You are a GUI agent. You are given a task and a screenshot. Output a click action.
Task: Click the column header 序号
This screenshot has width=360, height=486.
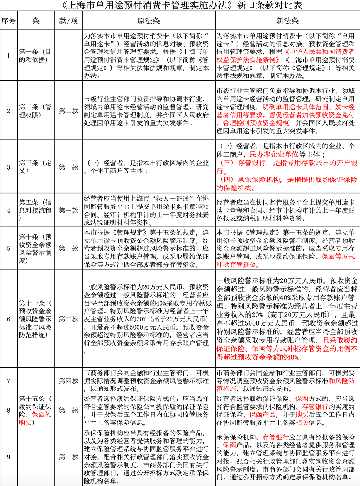point(8,20)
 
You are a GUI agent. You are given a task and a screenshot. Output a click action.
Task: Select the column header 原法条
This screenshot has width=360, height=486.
point(148,20)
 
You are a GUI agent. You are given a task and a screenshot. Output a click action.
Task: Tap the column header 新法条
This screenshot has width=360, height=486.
point(287,20)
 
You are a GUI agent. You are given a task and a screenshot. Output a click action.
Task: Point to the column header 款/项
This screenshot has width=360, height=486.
point(68,20)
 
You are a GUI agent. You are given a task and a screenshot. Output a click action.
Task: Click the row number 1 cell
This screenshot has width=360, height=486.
point(8,56)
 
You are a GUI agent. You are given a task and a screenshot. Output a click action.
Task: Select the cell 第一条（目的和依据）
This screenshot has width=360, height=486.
point(36,56)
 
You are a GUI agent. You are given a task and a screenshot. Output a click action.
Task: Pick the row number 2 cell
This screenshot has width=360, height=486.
point(8,111)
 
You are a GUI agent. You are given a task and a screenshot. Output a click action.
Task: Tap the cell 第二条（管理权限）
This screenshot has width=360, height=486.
point(36,111)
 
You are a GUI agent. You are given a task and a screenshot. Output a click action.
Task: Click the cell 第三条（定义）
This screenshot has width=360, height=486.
point(36,167)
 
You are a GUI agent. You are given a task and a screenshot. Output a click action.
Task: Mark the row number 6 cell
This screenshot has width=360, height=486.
point(8,319)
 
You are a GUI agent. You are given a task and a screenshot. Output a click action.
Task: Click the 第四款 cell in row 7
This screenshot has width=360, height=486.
point(68,381)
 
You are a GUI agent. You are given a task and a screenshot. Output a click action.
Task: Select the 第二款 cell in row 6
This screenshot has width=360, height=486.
point(68,319)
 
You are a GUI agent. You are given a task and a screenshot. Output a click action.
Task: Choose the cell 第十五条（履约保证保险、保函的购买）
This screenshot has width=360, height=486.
point(36,410)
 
